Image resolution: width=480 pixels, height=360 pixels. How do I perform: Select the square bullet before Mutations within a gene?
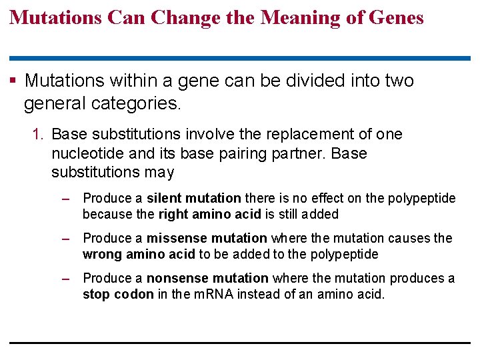coord(14,81)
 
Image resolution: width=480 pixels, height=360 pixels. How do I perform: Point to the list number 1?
coord(37,134)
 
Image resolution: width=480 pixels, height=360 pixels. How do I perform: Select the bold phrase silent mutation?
coord(193,198)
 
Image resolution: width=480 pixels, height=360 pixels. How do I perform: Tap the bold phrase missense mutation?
coord(207,238)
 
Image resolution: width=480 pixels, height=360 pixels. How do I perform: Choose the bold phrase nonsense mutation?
coord(207,278)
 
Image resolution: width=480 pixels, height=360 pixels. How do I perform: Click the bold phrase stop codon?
coord(118,294)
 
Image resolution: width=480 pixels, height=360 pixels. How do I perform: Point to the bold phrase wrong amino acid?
coord(139,254)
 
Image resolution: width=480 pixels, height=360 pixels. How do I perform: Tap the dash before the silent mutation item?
coord(65,199)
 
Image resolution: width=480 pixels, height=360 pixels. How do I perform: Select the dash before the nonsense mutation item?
coord(65,279)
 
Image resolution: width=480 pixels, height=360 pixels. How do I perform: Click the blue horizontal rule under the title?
coord(240,59)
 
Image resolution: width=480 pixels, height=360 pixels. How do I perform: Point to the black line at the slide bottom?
coord(240,343)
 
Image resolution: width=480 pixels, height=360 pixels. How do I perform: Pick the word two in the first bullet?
coord(397,81)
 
